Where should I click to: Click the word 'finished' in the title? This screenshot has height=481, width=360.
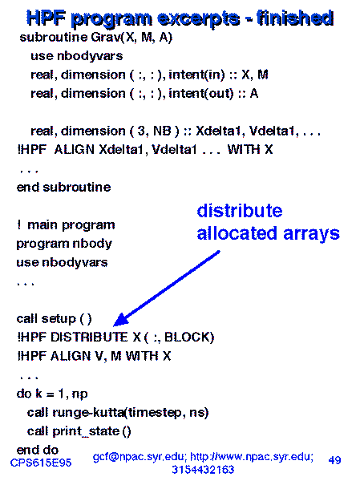[294, 18]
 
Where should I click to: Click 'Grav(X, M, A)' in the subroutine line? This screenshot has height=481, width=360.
[131, 38]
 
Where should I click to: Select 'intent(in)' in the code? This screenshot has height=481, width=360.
[196, 75]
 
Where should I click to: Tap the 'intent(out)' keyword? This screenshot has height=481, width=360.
[201, 94]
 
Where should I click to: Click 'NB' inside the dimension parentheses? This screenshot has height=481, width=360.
[162, 131]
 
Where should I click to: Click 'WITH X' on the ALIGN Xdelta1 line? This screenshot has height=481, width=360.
[250, 150]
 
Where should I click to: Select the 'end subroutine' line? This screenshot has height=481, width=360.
[63, 187]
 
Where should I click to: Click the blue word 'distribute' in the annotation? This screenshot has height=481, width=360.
[240, 211]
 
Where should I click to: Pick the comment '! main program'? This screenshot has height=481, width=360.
[66, 225]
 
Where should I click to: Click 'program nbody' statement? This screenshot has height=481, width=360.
[64, 245]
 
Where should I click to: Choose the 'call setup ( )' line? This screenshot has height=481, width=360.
[54, 319]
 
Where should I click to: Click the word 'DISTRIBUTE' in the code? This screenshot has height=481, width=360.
[89, 338]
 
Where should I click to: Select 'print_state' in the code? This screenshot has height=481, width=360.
[86, 431]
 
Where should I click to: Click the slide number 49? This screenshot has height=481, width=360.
[334, 460]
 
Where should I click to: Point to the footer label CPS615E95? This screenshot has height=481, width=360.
[41, 463]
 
